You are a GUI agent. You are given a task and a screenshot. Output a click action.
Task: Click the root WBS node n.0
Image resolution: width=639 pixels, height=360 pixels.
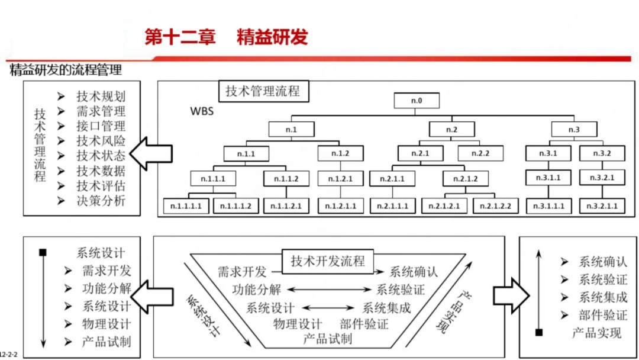click(x=417, y=100)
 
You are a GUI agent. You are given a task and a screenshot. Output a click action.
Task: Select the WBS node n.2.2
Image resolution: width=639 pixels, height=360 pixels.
click(x=480, y=154)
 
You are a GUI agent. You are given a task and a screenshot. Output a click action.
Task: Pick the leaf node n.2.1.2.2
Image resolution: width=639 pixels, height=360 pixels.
click(x=495, y=206)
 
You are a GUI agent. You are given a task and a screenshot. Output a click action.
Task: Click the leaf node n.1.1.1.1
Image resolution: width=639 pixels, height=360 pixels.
click(x=186, y=206)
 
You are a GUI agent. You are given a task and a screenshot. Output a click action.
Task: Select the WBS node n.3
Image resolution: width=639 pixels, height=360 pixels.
click(x=574, y=128)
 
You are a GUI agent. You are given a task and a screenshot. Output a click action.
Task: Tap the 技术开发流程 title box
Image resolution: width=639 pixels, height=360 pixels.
click(x=328, y=261)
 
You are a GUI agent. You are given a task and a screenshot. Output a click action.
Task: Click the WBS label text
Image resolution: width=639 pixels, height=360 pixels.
click(x=201, y=111)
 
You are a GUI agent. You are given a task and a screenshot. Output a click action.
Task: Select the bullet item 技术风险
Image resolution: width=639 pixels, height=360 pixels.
click(x=101, y=141)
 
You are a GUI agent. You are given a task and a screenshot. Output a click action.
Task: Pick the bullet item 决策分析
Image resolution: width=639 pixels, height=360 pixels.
click(x=101, y=201)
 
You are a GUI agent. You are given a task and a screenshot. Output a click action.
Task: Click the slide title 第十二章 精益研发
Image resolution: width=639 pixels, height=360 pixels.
click(x=226, y=37)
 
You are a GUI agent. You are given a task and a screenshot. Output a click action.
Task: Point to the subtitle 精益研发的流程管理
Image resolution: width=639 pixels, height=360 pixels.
click(x=66, y=70)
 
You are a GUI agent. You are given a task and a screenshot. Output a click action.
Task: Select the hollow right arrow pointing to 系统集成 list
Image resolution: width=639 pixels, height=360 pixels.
click(x=510, y=292)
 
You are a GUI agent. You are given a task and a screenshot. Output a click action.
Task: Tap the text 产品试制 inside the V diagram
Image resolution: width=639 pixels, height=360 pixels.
click(x=327, y=339)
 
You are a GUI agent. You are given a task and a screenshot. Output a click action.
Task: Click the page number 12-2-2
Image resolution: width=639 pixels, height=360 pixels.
click(x=9, y=354)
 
